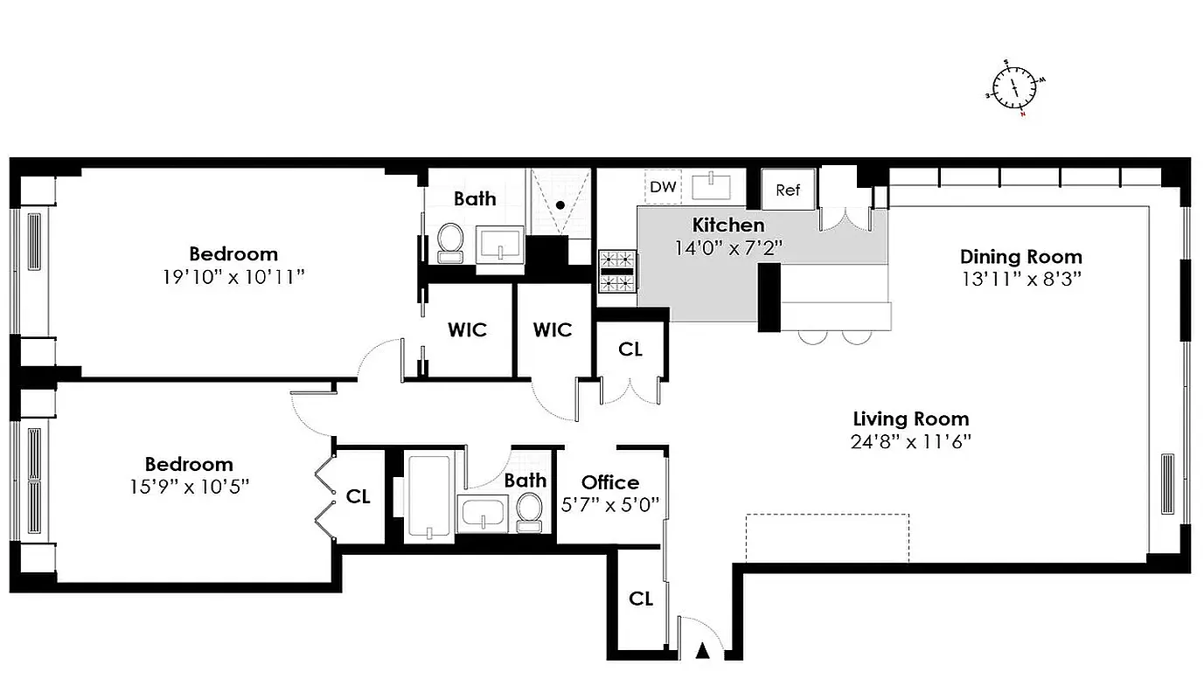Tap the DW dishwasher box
(663, 187)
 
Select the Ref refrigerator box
(788, 190)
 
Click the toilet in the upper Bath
(450, 242)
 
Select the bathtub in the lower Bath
(429, 495)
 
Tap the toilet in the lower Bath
(529, 512)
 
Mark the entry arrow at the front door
(702, 650)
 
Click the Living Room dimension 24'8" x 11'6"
(910, 441)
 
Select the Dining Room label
(1020, 257)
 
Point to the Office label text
(610, 482)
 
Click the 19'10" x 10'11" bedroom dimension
(233, 277)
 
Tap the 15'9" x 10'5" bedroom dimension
(189, 487)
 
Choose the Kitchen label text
(728, 225)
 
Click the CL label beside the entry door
(641, 599)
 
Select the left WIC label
(467, 329)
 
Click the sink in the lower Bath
(482, 513)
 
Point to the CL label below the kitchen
(630, 349)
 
